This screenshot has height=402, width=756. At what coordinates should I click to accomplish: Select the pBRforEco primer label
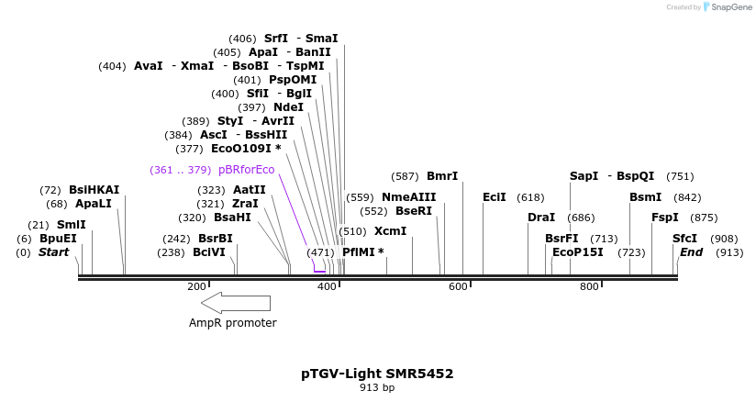(x=246, y=170)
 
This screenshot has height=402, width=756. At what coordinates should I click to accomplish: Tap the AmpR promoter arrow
(x=236, y=303)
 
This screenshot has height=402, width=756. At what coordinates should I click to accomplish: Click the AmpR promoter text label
(x=232, y=323)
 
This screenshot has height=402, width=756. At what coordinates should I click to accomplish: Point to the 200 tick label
(x=196, y=287)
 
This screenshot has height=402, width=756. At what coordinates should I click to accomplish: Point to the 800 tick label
(x=589, y=287)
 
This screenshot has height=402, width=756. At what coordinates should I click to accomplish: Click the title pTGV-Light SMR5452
(x=377, y=374)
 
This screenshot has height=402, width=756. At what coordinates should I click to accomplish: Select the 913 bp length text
(x=377, y=388)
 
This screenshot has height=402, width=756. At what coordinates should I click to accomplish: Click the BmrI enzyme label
(x=442, y=176)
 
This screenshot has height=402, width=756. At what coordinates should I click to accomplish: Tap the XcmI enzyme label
(x=390, y=231)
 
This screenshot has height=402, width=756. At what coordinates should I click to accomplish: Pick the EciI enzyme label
(x=495, y=197)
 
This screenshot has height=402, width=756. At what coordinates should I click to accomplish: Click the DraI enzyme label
(x=541, y=218)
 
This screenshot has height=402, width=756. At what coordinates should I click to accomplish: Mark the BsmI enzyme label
(x=645, y=197)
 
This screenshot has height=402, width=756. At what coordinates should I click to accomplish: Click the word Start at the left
(x=53, y=252)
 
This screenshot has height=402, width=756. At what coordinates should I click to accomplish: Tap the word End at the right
(x=691, y=252)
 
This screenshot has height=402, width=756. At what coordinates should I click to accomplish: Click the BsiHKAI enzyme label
(x=94, y=190)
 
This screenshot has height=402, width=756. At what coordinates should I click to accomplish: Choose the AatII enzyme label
(x=249, y=190)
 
